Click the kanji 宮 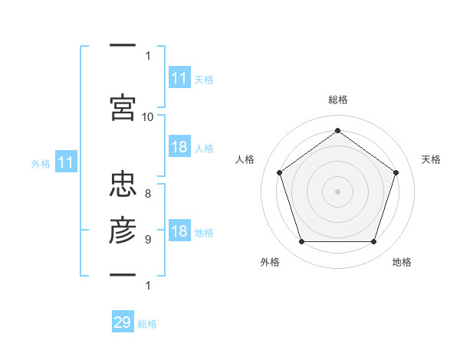tap(123, 107)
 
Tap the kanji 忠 tap(123, 184)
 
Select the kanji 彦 tap(123, 230)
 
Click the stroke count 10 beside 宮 tap(147, 117)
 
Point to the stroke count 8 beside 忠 tap(148, 194)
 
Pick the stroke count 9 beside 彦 tap(148, 240)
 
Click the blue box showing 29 tap(123, 321)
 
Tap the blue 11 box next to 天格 tap(179, 77)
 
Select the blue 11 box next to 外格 tap(66, 162)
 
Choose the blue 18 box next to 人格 tap(179, 146)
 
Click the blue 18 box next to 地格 tap(179, 230)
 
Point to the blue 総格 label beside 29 tap(147, 324)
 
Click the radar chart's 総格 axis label tap(338, 100)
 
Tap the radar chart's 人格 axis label tap(245, 159)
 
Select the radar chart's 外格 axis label tap(270, 262)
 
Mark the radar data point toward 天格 tap(396, 172)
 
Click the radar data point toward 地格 tap(373, 241)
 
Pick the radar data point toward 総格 tap(337, 130)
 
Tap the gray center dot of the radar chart tap(337, 191)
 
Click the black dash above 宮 tap(123, 45)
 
